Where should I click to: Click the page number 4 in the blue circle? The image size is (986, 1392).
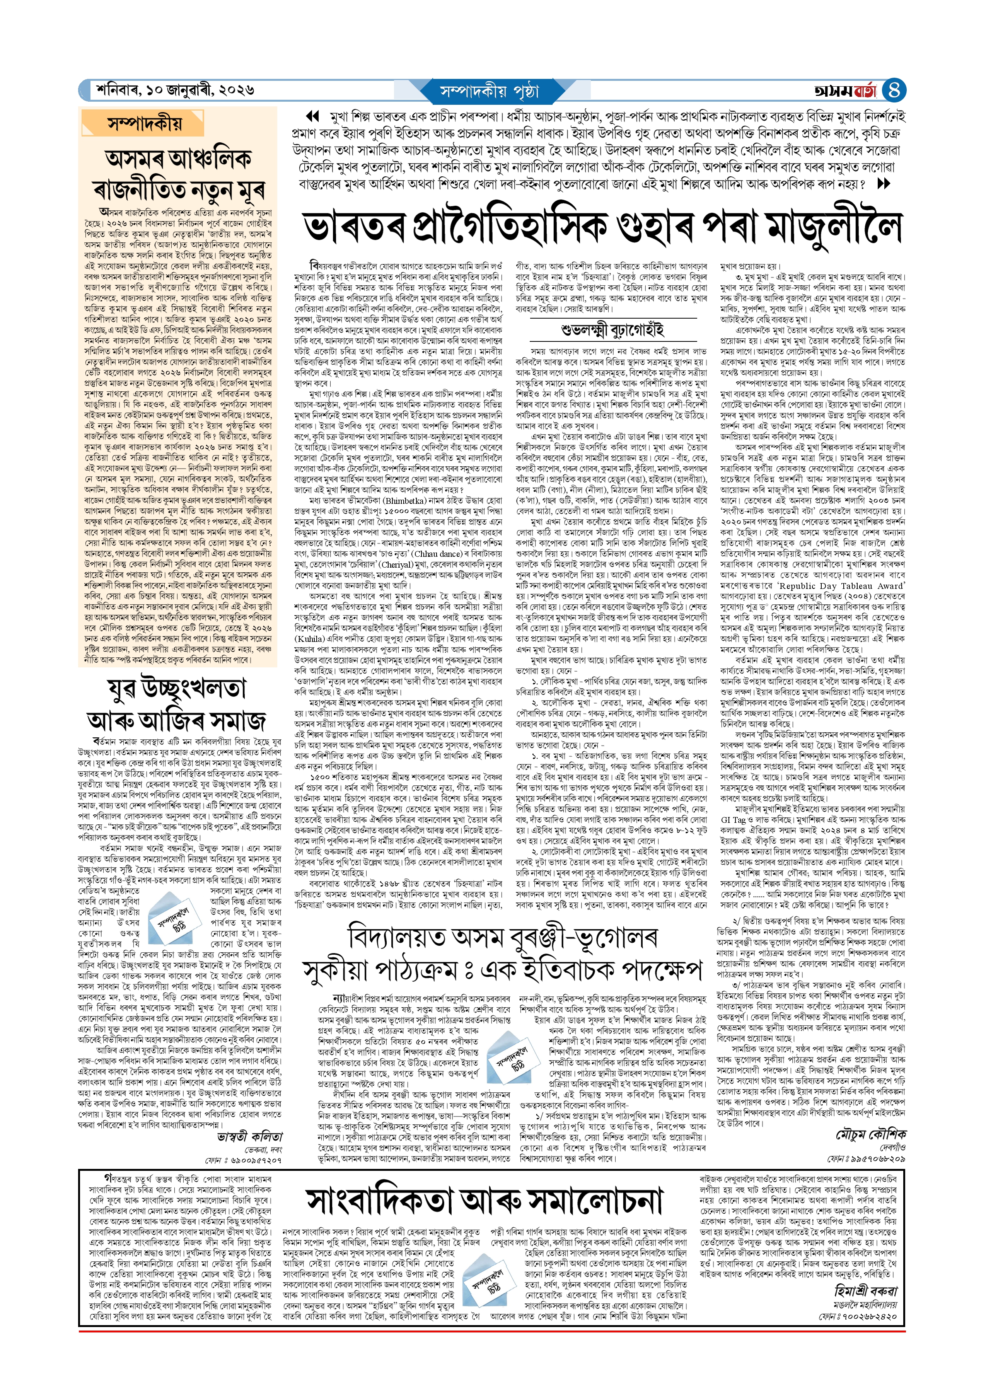click(894, 90)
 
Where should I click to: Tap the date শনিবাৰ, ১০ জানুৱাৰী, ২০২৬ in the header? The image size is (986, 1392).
click(175, 90)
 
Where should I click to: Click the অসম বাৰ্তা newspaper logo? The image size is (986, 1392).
click(845, 91)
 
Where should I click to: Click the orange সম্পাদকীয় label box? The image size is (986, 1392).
click(145, 124)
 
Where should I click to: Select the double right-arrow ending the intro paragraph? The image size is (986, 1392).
click(884, 183)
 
